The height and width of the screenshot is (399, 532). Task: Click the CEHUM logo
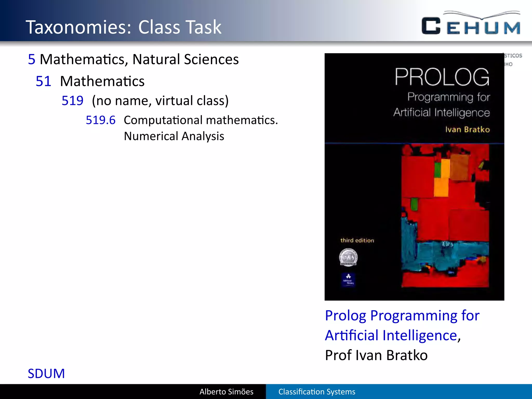coord(471,24)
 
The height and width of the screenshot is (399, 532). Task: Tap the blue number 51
coord(43,81)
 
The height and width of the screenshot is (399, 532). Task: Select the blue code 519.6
coord(101,120)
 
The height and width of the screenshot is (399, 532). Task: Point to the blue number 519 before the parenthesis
coord(72,101)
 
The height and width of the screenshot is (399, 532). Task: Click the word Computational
coord(163,120)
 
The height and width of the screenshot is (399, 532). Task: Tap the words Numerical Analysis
coord(174,136)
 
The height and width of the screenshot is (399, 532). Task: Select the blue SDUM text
coord(46,374)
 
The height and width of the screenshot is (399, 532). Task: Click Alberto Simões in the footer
coord(226,392)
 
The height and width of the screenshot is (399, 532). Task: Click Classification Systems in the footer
coord(317,392)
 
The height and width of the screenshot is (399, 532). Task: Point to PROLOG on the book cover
coord(442,77)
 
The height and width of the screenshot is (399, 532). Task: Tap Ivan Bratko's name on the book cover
coord(467,129)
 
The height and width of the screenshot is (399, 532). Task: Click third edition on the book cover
coord(357,241)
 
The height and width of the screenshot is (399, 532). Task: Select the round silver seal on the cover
coord(348,257)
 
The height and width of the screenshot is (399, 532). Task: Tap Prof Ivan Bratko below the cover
coord(376,355)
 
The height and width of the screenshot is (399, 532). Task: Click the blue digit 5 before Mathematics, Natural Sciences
coord(32,59)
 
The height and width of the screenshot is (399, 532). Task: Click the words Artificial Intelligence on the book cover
coord(441,113)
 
